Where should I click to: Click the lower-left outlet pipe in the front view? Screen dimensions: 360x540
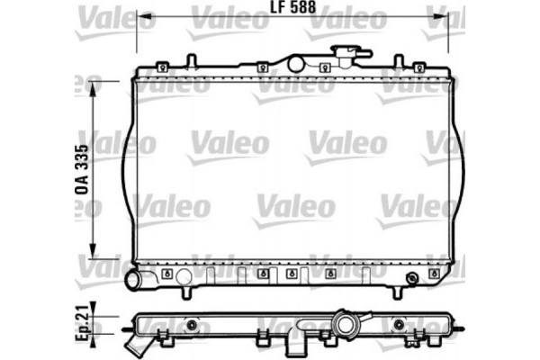(x=135, y=279)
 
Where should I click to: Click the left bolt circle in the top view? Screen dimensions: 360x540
(x=191, y=324)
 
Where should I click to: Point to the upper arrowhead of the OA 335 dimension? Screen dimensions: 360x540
(x=94, y=84)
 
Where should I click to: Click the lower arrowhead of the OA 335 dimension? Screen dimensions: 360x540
(x=94, y=254)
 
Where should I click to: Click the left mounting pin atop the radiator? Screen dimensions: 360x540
(x=191, y=61)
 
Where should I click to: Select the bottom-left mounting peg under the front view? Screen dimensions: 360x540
(x=184, y=292)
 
